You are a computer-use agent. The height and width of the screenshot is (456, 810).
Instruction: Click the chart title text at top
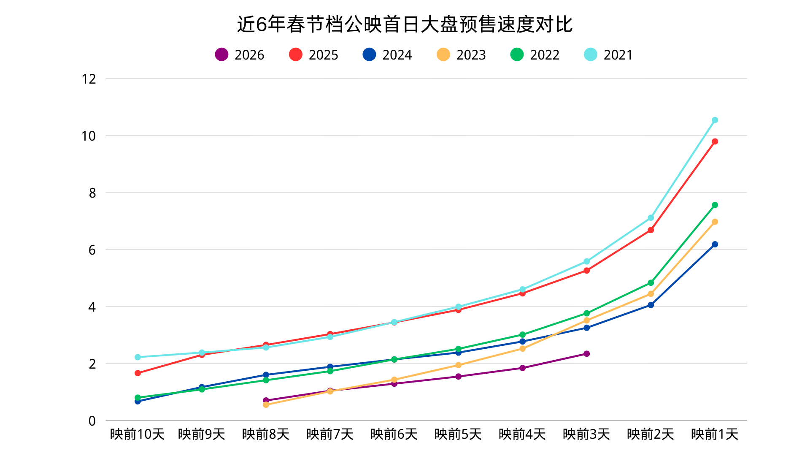[405, 24]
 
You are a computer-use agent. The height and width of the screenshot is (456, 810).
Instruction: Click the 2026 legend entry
[240, 55]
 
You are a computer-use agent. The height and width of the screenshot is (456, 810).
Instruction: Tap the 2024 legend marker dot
[369, 54]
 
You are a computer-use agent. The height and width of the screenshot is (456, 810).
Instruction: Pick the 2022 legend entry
[535, 55]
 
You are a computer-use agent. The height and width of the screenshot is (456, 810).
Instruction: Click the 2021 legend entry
[609, 55]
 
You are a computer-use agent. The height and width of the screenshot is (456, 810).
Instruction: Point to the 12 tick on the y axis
[89, 79]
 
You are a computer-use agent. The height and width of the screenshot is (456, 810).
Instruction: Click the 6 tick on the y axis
[92, 250]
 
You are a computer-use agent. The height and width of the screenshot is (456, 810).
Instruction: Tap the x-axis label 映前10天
[137, 434]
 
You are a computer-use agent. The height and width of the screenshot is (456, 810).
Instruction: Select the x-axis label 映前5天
[458, 434]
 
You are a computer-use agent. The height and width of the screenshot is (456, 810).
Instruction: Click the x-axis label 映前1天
[715, 434]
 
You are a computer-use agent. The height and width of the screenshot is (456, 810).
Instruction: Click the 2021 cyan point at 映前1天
[715, 120]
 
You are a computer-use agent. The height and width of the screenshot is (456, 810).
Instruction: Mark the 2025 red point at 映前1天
[715, 141]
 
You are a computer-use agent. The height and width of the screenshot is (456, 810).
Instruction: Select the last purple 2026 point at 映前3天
[586, 354]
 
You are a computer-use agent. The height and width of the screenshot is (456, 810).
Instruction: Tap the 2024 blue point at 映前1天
[715, 244]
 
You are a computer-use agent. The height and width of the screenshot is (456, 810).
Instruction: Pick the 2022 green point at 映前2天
[651, 283]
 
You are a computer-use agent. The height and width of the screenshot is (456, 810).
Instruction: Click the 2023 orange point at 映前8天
[266, 405]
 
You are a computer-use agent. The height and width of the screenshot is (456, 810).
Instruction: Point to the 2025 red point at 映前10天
[138, 373]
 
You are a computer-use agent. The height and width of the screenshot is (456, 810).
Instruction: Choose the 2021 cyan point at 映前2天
[651, 218]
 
